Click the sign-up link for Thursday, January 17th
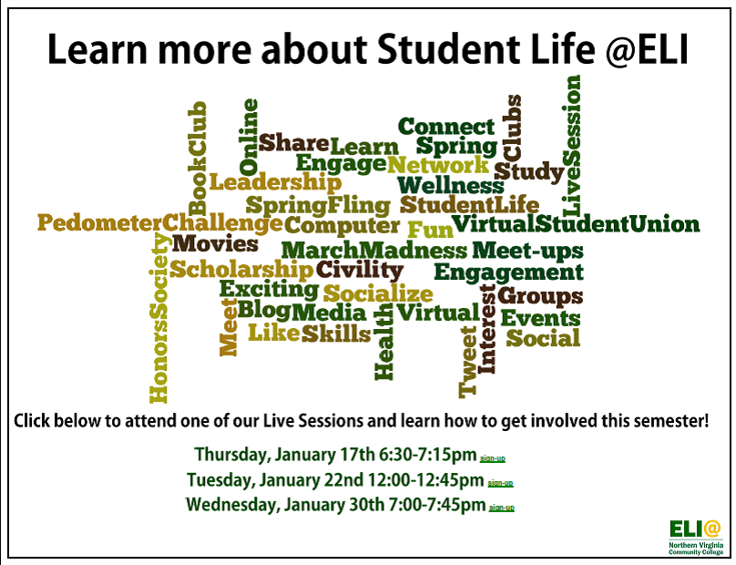pyautogui.click(x=493, y=457)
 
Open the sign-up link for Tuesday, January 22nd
pyautogui.click(x=500, y=483)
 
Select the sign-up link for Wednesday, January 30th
pyautogui.click(x=502, y=508)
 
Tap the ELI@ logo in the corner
pyautogui.click(x=696, y=537)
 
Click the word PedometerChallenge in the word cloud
pyautogui.click(x=160, y=222)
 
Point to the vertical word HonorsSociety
pyautogui.click(x=158, y=318)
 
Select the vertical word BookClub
pyautogui.click(x=197, y=159)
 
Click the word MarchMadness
pyautogui.click(x=374, y=251)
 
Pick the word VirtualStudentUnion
pyautogui.click(x=576, y=223)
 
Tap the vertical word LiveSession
pyautogui.click(x=571, y=145)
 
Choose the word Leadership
pyautogui.click(x=275, y=182)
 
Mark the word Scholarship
pyautogui.click(x=241, y=270)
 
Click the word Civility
pyautogui.click(x=360, y=270)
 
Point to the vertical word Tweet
pyautogui.click(x=468, y=362)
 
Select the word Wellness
pyautogui.click(x=451, y=185)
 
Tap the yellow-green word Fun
pyautogui.click(x=431, y=230)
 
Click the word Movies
pyautogui.click(x=215, y=243)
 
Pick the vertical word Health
pyautogui.click(x=383, y=342)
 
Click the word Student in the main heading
pyautogui.click(x=449, y=49)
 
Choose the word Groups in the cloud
pyautogui.click(x=540, y=296)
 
